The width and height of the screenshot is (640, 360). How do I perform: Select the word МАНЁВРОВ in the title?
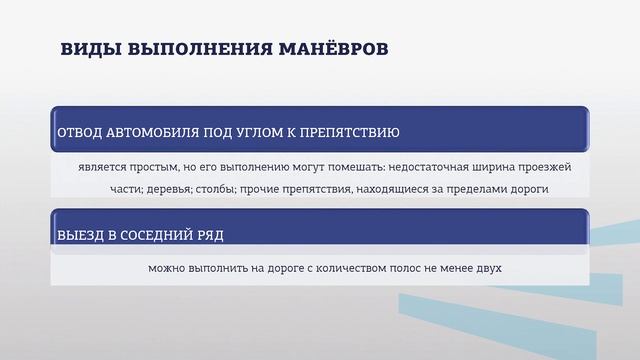tap(326, 50)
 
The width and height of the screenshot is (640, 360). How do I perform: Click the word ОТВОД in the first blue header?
tap(81, 133)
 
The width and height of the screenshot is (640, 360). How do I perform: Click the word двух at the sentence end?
tap(485, 268)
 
